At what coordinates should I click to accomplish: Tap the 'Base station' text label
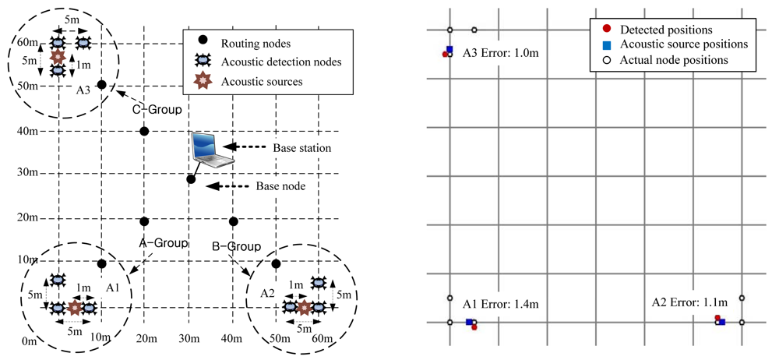(301, 147)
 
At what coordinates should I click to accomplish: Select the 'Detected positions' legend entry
(666, 29)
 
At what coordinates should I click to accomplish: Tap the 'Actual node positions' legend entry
(674, 60)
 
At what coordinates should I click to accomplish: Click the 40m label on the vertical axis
(28, 131)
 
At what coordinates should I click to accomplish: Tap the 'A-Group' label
(164, 242)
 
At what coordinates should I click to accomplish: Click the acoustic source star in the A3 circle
(57, 58)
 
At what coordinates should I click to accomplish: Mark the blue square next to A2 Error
(721, 322)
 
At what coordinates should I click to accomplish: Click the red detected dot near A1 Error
(474, 327)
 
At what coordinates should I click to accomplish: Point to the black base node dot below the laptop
(191, 180)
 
